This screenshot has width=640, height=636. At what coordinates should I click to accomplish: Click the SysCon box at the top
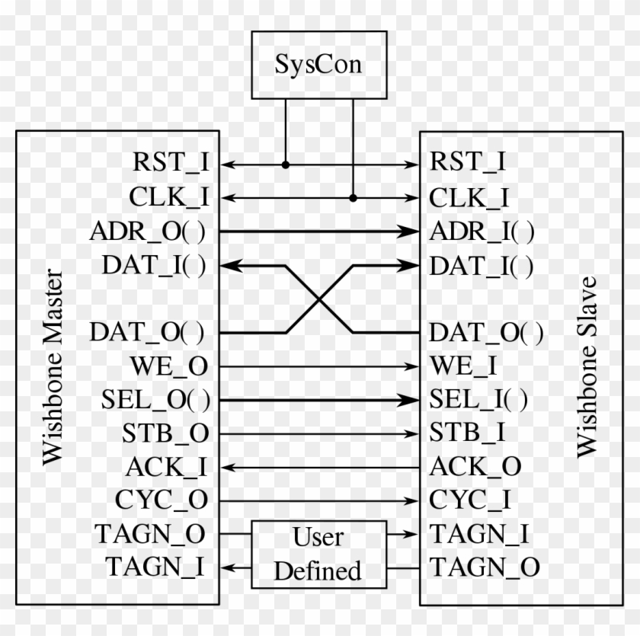point(318,65)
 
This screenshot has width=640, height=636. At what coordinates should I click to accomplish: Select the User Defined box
point(318,555)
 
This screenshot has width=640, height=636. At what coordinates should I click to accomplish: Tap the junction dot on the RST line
point(286,164)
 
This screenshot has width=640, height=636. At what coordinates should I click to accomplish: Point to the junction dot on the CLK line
point(353,198)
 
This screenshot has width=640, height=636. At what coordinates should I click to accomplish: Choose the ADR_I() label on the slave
point(482,232)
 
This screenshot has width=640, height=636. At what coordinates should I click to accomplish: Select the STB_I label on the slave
point(467,433)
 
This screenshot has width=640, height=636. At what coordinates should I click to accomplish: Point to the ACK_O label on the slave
point(475,466)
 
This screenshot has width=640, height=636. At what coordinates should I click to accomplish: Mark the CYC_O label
point(162,500)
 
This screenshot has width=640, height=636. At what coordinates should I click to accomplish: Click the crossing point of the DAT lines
point(319,299)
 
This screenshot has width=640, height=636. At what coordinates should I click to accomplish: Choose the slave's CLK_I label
point(469,197)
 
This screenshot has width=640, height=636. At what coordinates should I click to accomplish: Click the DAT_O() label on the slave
point(486,332)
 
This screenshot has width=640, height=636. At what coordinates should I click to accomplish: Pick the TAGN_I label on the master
point(157,567)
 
